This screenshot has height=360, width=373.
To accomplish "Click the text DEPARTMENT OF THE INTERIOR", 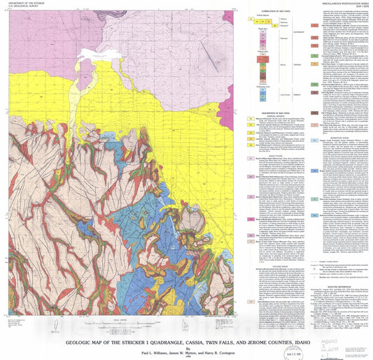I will tap(26, 6).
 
